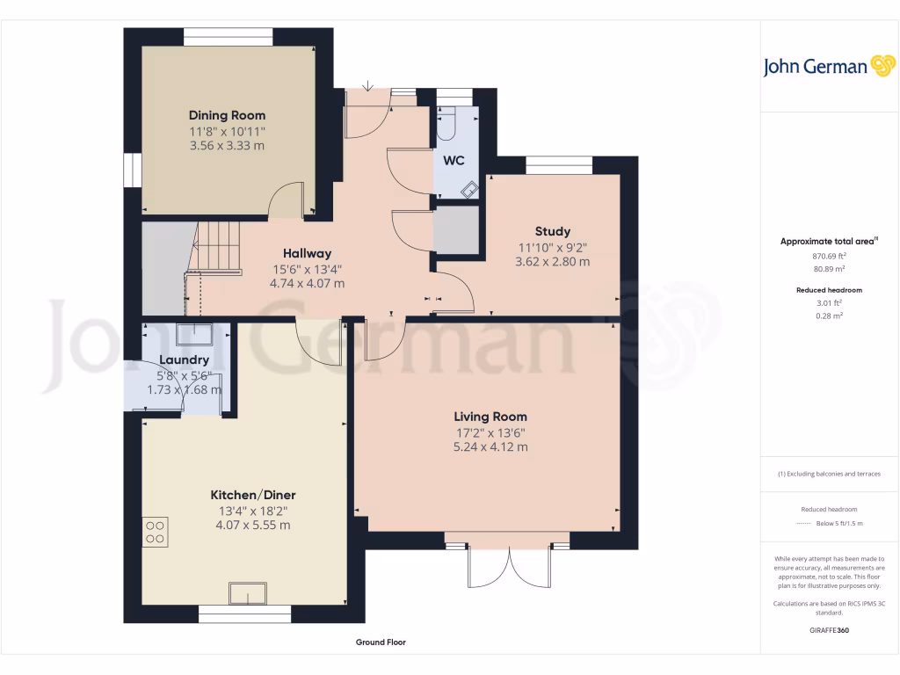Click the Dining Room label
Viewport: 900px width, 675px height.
click(227, 115)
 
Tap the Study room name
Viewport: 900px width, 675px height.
click(552, 232)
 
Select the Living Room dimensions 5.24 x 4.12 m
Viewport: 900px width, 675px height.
click(490, 446)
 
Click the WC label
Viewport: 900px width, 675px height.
click(454, 161)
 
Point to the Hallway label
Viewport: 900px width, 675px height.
click(306, 253)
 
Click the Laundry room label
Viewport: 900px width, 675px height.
click(184, 359)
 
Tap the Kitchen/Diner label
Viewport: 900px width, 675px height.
click(252, 495)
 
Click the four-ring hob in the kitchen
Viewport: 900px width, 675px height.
click(155, 531)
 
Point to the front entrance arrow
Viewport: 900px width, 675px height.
click(367, 84)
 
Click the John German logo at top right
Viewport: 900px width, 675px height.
click(827, 66)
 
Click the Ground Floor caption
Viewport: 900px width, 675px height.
click(381, 642)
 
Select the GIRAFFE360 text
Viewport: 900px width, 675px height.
click(829, 630)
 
